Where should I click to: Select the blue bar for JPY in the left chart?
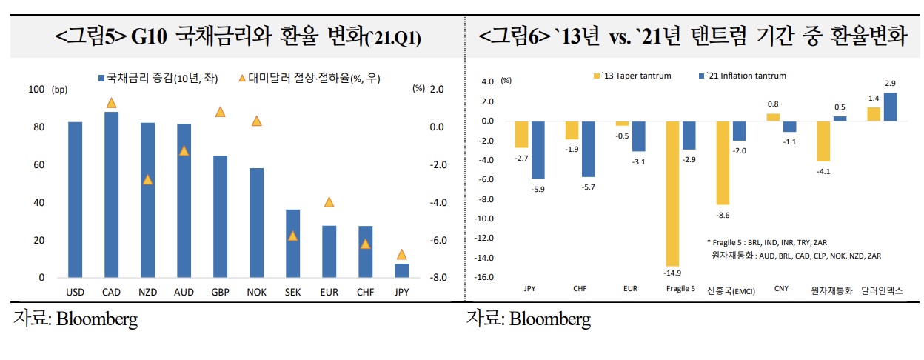(x=401, y=271)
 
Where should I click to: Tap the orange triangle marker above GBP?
(x=220, y=112)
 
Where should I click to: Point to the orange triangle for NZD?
(x=147, y=179)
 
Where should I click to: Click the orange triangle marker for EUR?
(x=329, y=202)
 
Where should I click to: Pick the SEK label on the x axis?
(x=292, y=293)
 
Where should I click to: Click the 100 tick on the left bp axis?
(x=36, y=90)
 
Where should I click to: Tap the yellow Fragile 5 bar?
(x=672, y=193)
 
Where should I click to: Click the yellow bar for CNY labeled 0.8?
(x=772, y=117)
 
